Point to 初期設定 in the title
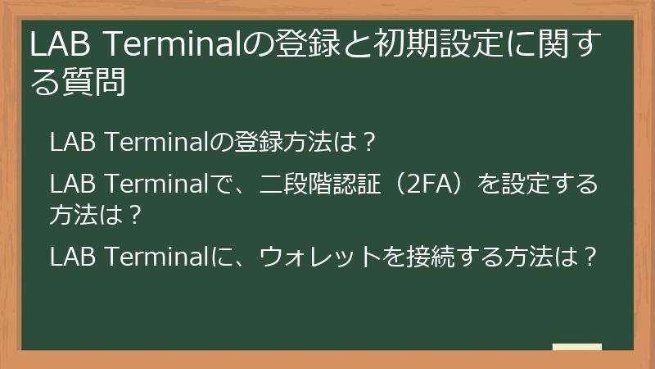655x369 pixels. pos(433,45)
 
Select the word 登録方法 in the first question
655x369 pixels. pos(295,142)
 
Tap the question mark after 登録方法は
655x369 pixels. pos(369,142)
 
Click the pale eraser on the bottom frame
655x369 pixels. pos(577,348)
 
